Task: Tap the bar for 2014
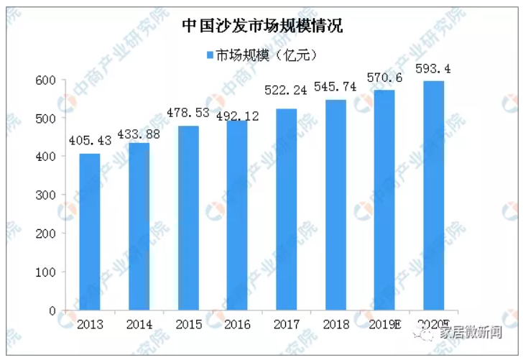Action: pos(139,226)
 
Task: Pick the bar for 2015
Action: pos(188,218)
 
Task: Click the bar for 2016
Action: pos(237,216)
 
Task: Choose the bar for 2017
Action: pos(286,210)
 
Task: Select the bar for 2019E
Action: pos(384,200)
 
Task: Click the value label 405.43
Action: pos(90,141)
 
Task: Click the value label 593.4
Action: pos(433,69)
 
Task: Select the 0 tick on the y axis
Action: pos(52,311)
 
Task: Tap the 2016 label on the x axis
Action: pos(237,324)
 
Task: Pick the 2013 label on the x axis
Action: pos(90,324)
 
